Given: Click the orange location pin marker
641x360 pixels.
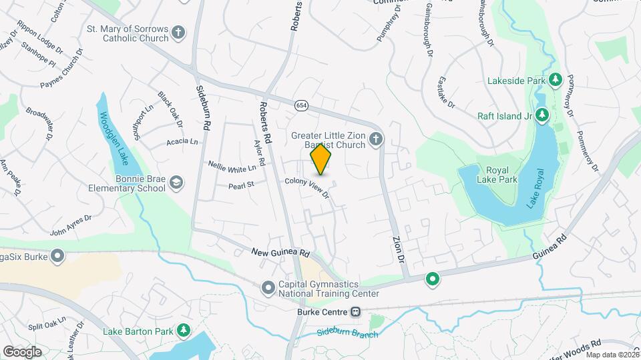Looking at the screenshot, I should [321, 159].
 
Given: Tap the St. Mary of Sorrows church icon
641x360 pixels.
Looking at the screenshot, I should [178, 31].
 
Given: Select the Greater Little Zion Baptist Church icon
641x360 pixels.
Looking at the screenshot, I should [375, 139].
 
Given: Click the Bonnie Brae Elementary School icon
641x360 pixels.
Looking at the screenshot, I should [176, 183].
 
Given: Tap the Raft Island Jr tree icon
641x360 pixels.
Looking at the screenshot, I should [542, 115].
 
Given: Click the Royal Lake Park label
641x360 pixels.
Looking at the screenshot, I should [497, 174].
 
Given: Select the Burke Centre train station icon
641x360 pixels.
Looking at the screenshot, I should [356, 311].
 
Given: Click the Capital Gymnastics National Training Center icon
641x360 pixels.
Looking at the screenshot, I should [268, 288].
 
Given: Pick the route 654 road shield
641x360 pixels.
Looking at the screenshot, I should [302, 105].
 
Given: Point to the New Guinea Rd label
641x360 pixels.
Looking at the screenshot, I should [281, 253].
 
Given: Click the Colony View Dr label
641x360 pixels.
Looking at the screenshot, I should [307, 187].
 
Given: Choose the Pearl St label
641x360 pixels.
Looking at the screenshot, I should [242, 184].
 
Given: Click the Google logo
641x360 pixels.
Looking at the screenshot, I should [23, 351].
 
